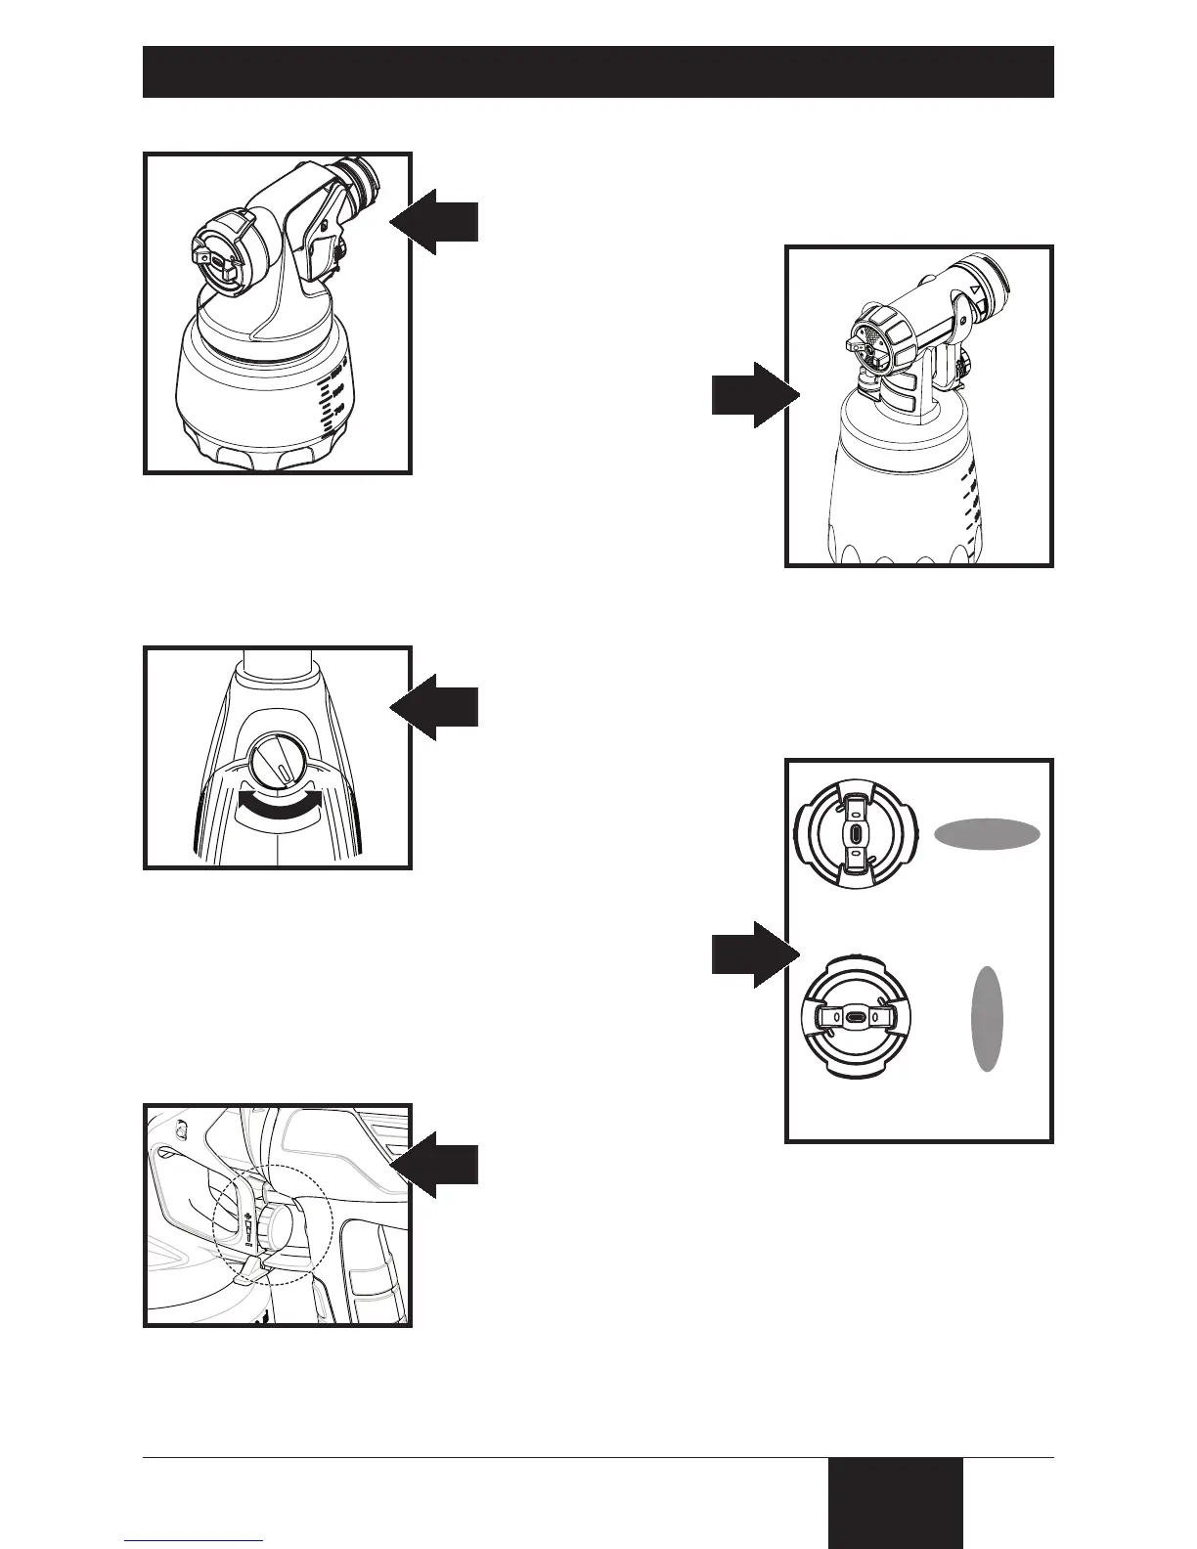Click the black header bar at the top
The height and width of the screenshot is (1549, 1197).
pyautogui.click(x=598, y=71)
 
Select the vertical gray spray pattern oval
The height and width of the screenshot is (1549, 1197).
pyautogui.click(x=987, y=1018)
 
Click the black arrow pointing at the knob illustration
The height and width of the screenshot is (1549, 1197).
pyautogui.click(x=435, y=707)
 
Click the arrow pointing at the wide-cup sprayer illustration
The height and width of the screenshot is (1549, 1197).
pyautogui.click(x=435, y=222)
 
